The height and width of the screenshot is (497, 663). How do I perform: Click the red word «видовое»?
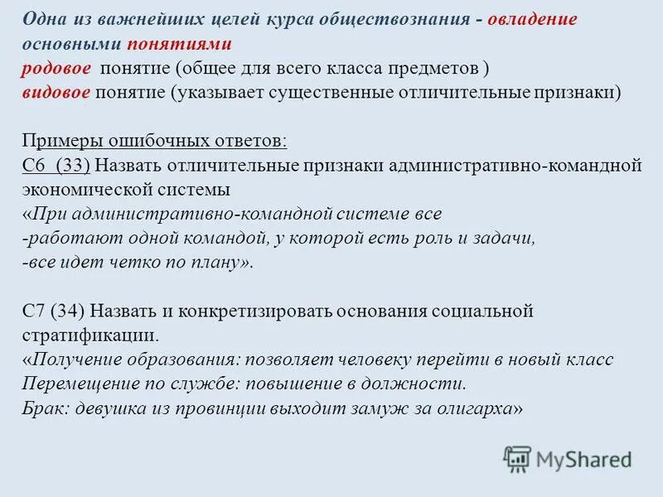click(x=56, y=91)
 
